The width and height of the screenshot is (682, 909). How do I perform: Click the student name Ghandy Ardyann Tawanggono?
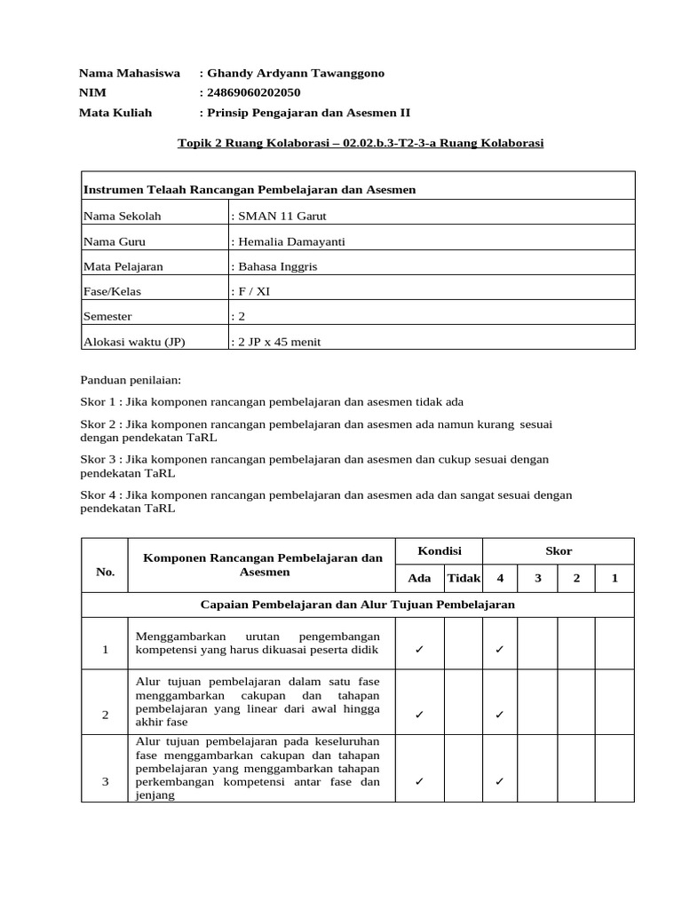pos(295,74)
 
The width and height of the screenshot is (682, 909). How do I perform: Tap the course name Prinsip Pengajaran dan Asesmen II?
pos(308,113)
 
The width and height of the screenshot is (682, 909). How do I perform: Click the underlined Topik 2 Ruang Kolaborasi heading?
pos(361,142)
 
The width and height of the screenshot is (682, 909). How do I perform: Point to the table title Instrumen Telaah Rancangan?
pos(250,189)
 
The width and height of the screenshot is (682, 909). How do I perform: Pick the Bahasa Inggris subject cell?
pos(276,266)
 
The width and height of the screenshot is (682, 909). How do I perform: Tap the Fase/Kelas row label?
pos(112,291)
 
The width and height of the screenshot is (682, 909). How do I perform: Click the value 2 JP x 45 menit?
pos(278,341)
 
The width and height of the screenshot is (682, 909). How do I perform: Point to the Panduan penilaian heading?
pos(131,380)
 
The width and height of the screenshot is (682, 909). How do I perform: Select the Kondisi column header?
pos(439,551)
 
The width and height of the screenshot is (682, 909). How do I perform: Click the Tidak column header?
pos(464,578)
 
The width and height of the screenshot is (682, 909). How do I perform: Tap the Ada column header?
pos(419,578)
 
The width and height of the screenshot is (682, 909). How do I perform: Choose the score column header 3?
pos(537,578)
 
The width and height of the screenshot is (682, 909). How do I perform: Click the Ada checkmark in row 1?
pos(419,650)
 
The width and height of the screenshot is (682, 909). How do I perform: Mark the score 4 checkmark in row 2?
pos(500,714)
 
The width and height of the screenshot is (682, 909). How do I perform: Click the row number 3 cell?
pos(105,781)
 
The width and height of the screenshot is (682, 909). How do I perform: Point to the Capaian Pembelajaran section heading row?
pos(358,605)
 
